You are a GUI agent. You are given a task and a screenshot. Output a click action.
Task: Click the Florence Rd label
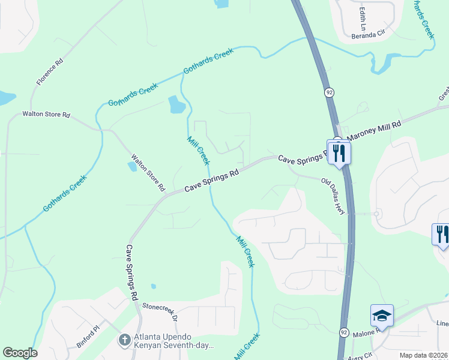pyautogui.click(x=49, y=71)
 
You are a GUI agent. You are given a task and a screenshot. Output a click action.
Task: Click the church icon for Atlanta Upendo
pyautogui.click(x=124, y=340)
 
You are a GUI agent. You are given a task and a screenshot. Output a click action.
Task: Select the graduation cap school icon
pyautogui.click(x=382, y=316)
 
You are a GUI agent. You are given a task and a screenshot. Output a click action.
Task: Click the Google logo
pyautogui.click(x=20, y=353)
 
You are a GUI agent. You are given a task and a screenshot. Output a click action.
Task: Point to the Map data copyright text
pyautogui.click(x=424, y=355)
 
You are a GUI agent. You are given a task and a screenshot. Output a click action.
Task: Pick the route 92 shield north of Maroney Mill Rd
pyautogui.click(x=330, y=92)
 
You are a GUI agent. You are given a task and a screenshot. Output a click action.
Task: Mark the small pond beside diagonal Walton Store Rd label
pyautogui.click(x=132, y=167)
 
